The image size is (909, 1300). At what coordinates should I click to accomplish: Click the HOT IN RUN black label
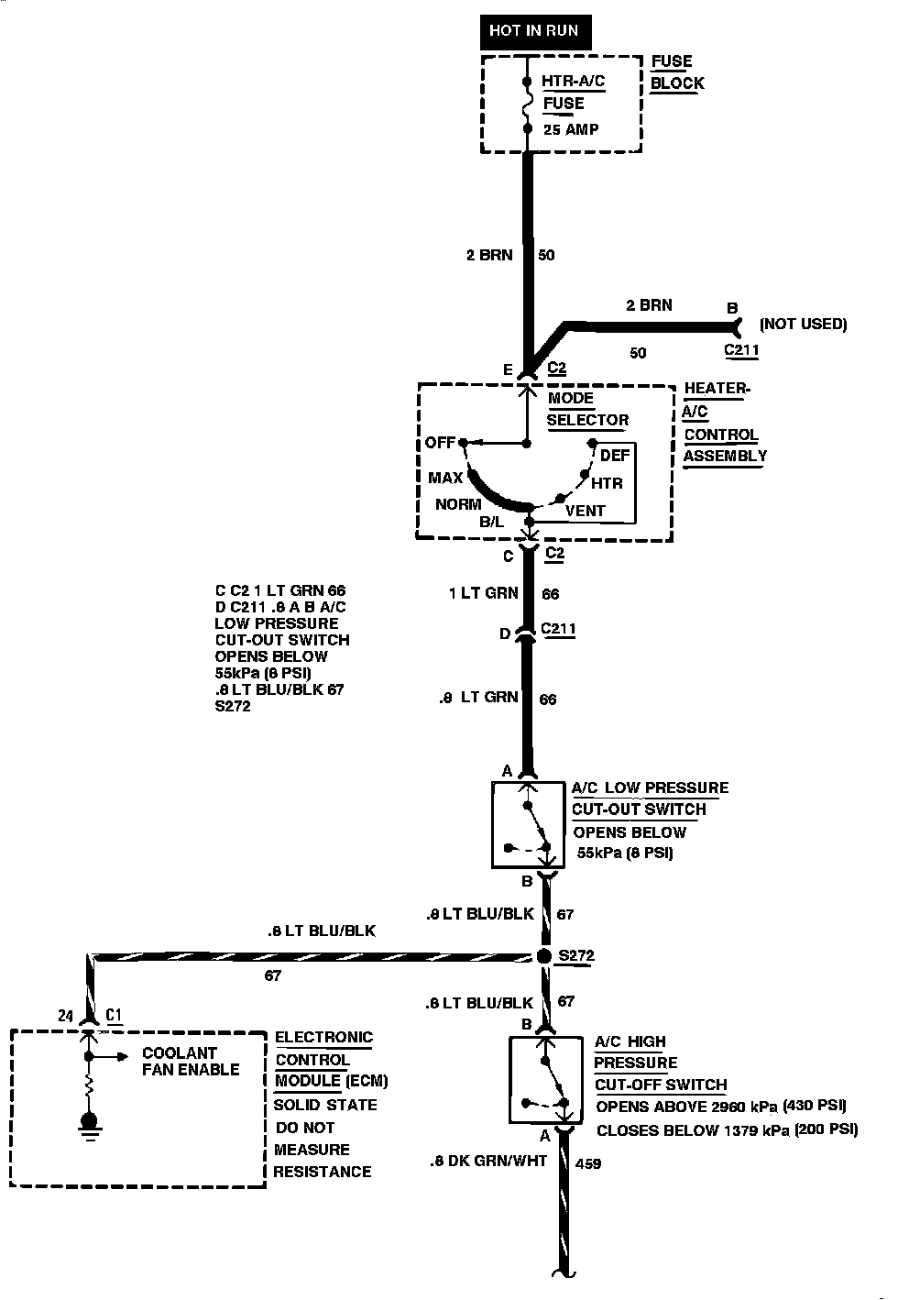[533, 31]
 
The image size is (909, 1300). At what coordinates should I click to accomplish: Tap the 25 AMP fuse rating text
[571, 129]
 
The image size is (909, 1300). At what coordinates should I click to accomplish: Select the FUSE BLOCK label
[677, 72]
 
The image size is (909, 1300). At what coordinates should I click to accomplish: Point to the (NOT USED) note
[803, 324]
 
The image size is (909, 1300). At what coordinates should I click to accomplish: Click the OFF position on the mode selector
[440, 443]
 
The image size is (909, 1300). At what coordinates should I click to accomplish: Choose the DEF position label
[615, 456]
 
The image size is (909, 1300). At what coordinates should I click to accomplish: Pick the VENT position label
[586, 511]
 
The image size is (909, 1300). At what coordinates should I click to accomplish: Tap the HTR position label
[607, 483]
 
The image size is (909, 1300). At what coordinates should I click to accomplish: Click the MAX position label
[445, 478]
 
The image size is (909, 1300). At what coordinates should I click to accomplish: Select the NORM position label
[458, 504]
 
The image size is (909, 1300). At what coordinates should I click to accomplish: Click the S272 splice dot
[544, 956]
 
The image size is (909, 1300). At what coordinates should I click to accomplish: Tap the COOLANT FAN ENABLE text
[191, 1062]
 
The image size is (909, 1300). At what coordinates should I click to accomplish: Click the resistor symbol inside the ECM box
[89, 1088]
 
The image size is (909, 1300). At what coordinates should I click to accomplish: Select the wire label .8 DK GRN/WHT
[487, 1161]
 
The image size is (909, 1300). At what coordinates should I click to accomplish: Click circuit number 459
[587, 1164]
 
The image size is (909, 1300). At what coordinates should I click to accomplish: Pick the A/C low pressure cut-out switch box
[528, 824]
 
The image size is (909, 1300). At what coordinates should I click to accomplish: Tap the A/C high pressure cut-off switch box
[546, 1080]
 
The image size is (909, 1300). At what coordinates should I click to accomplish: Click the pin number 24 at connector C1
[64, 1016]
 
